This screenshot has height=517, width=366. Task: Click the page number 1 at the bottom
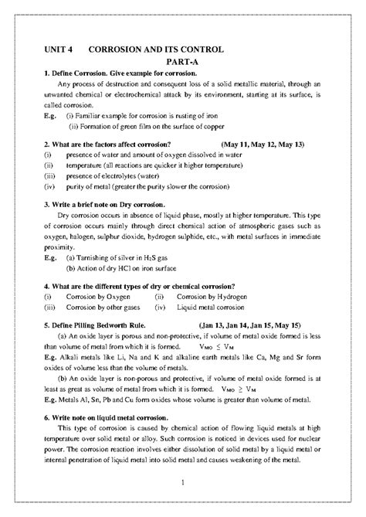(x=182, y=483)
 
